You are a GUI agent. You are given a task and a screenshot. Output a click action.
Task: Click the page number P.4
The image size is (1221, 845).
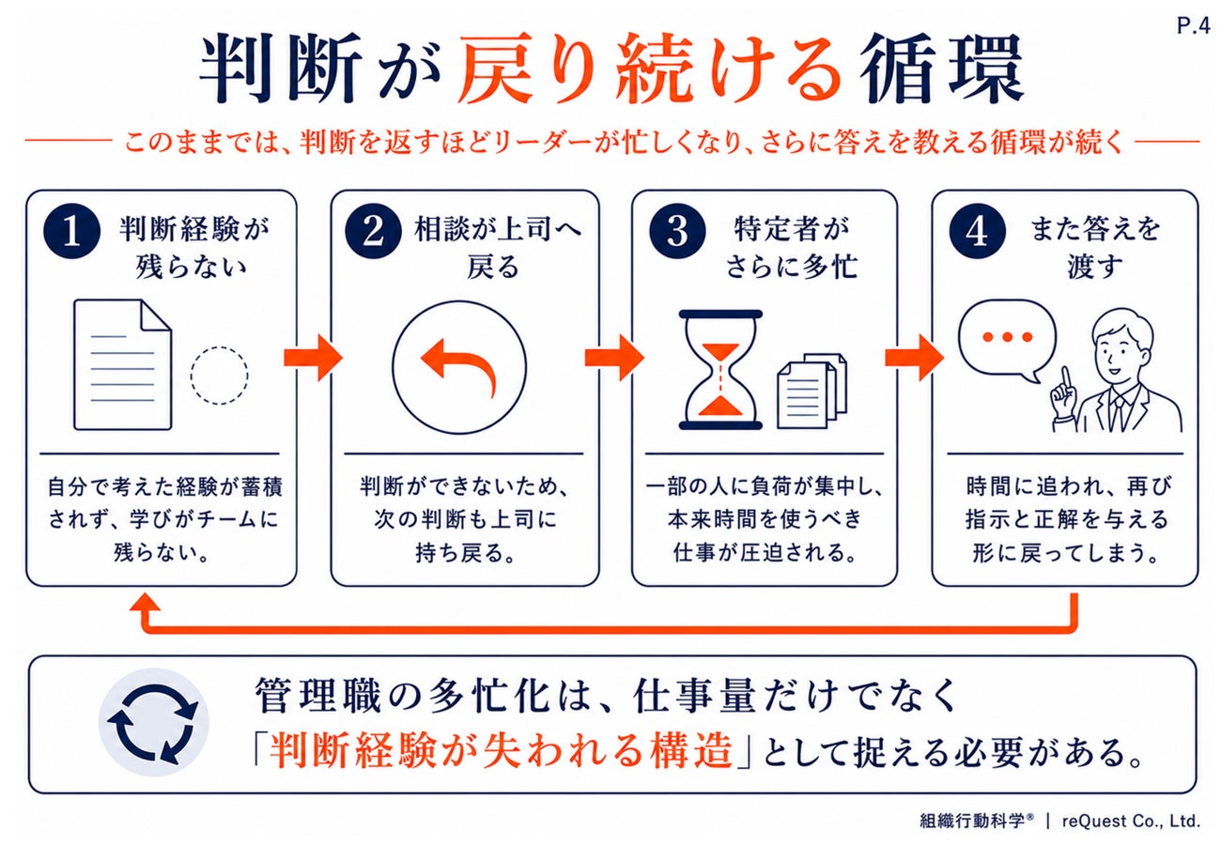pos(1193,25)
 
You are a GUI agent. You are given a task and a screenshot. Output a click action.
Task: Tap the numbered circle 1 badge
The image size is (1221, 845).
pos(72,232)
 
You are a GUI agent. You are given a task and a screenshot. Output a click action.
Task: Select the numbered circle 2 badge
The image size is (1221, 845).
pos(374,232)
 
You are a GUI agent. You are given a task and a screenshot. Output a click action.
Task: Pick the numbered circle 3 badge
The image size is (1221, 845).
pos(677,232)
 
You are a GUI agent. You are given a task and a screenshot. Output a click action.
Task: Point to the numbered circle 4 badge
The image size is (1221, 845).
pos(978,232)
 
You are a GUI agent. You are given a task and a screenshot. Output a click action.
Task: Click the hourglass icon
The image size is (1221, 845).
pos(720,370)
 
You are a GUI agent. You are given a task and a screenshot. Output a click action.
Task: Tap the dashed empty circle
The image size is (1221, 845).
pos(219,376)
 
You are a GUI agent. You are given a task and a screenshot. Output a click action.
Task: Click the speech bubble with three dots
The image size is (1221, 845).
pos(1007,341)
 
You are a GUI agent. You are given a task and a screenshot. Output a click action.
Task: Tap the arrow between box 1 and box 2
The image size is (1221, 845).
pos(313,358)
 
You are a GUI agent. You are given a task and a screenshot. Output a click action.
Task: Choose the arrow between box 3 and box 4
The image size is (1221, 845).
pos(914,358)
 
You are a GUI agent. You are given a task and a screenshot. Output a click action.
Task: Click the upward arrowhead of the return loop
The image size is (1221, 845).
pos(145,603)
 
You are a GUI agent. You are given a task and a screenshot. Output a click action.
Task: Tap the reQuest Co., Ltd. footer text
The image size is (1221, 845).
pos(1131,821)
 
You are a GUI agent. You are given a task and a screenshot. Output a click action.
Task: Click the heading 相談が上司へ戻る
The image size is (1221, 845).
pos(497,248)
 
